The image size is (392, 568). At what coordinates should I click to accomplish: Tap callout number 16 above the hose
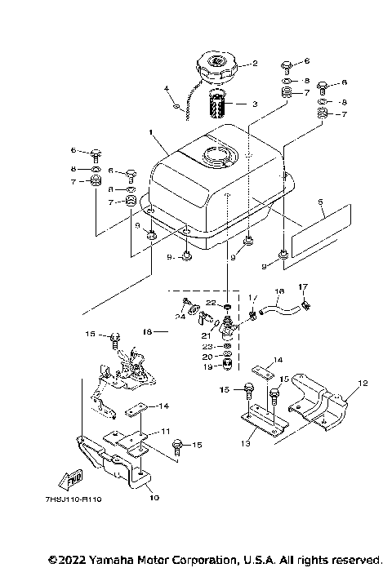278,291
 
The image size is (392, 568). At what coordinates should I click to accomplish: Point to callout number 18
148,332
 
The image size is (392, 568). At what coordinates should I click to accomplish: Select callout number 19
207,366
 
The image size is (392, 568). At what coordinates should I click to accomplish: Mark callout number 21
207,334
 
